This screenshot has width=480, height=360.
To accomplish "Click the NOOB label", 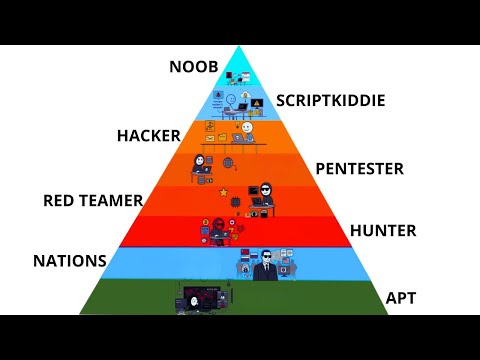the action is (192, 68).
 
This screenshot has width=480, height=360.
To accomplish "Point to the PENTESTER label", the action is (359, 168).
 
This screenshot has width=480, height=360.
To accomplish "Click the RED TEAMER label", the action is (93, 201).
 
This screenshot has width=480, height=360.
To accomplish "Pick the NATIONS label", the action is (69, 261).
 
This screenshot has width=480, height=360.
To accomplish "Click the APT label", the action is (400, 297).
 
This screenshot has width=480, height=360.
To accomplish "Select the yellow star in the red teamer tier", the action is (223, 190).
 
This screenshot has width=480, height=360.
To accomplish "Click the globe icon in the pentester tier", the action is (229, 162).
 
